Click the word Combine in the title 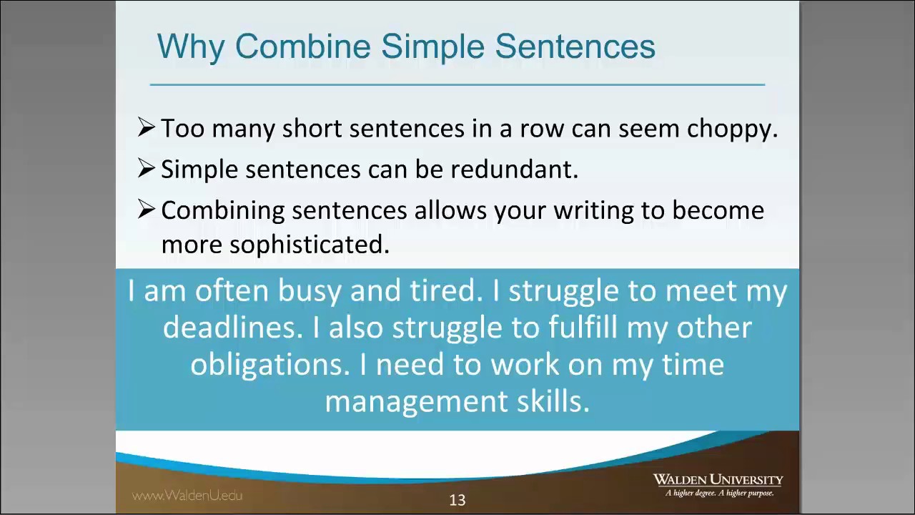coord(303,46)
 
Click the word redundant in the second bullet coord(514,170)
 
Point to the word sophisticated coord(309,245)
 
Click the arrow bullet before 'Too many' coord(146,127)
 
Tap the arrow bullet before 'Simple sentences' coord(146,168)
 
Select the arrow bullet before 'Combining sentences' coord(146,209)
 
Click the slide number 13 coord(457,500)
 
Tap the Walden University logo coord(718,480)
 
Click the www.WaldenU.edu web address coord(187,495)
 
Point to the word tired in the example coord(442,291)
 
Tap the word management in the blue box coord(416,401)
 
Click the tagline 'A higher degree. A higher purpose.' coord(719,493)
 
